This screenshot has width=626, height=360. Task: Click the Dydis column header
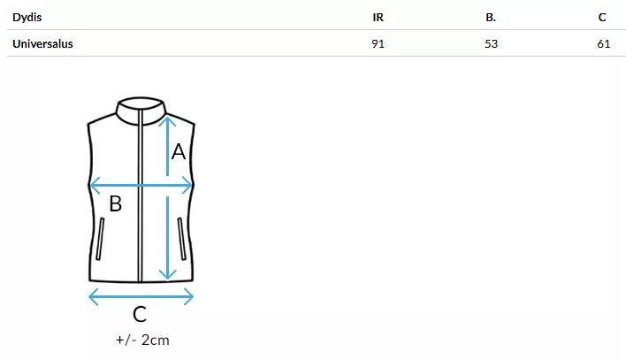[x=27, y=17]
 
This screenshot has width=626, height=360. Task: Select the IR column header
[x=378, y=17]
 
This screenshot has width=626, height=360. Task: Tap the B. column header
[x=491, y=17]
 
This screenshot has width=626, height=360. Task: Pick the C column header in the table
[x=602, y=17]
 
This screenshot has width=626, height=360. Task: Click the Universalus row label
[x=42, y=43]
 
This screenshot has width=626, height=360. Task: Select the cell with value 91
[x=378, y=43]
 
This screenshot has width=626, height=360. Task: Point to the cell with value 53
[x=492, y=43]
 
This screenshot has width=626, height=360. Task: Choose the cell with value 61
[x=604, y=43]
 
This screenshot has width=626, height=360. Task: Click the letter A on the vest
[x=179, y=152]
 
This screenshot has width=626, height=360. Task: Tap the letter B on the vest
[x=115, y=205]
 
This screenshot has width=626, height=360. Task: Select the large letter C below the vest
[x=140, y=314]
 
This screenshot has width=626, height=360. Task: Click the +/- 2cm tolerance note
[x=141, y=340]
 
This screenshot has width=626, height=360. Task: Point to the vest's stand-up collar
[x=141, y=108]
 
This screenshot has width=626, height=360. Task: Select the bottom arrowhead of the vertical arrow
[x=165, y=274]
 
